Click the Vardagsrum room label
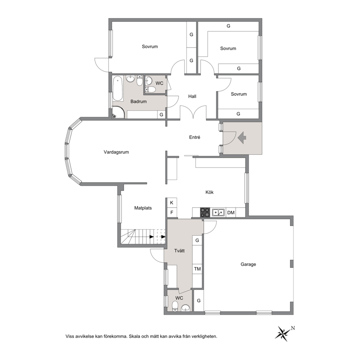[116, 152]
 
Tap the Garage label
[248, 264]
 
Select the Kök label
[209, 192]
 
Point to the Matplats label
[143, 208]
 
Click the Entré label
[195, 137]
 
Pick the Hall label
[192, 97]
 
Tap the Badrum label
[138, 102]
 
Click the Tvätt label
[179, 251]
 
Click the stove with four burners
[205, 212]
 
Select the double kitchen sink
[218, 213]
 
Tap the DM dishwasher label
[231, 213]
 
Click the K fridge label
[172, 203]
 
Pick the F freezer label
[172, 213]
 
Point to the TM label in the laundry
[197, 269]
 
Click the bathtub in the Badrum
[118, 89]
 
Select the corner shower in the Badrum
[118, 112]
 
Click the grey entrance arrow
[242, 138]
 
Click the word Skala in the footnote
[134, 336]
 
